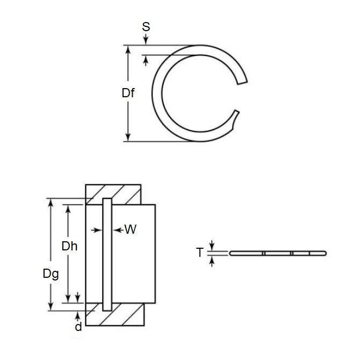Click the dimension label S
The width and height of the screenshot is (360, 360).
(146, 26)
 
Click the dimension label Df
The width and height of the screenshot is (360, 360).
(127, 93)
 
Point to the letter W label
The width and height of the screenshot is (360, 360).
(130, 230)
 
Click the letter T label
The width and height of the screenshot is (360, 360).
(200, 252)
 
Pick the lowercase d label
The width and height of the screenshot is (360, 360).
(78, 326)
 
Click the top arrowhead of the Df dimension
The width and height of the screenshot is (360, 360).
(128, 49)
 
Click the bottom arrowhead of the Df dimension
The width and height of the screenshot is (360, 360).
(128, 137)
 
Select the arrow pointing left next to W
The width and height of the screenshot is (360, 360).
(118, 230)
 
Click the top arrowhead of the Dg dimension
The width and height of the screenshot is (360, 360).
(51, 203)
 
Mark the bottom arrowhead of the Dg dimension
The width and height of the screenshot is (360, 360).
(51, 307)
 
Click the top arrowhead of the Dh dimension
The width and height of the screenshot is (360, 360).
(68, 208)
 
